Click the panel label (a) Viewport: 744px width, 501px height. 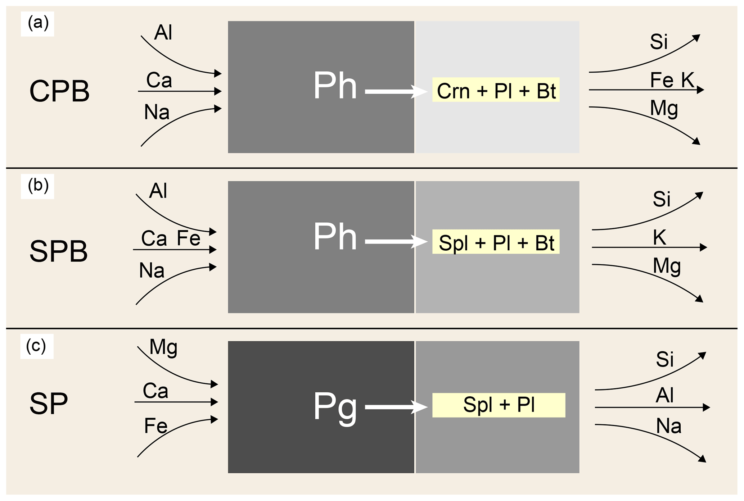tap(38, 23)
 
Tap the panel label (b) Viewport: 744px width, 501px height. tap(38, 186)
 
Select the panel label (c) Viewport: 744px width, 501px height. tap(36, 346)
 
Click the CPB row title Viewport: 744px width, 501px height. tap(59, 91)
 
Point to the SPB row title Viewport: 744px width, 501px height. tap(59, 251)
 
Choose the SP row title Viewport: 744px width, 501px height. tap(49, 404)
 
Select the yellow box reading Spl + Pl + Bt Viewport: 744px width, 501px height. tap(496, 242)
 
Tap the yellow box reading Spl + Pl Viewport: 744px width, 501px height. tap(499, 405)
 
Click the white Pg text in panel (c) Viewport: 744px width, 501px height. tap(335, 406)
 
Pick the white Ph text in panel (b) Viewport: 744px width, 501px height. tap(335, 237)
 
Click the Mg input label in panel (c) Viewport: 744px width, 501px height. tap(163, 348)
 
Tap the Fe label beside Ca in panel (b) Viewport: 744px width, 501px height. tap(189, 238)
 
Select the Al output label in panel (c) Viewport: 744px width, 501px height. tap(664, 395)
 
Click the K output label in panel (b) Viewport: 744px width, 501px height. tap(659, 237)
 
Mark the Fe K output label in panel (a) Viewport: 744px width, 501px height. tap(672, 80)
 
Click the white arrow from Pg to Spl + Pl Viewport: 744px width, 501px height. tap(396, 407)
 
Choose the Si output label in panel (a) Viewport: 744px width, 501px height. tap(659, 42)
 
